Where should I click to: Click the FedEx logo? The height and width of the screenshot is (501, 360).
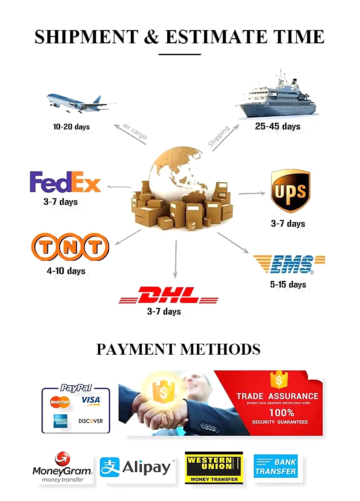(65, 181)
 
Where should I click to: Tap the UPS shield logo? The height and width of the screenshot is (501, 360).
(290, 191)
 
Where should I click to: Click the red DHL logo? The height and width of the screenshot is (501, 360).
(169, 295)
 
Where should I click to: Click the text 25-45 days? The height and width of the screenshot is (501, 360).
(278, 126)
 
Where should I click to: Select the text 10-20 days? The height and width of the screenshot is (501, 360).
(72, 127)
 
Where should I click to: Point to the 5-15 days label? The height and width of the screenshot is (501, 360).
(288, 285)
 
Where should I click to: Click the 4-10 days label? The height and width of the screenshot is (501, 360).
(66, 271)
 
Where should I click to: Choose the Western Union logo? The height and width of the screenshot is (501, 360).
(214, 467)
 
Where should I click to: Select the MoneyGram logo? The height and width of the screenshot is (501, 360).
(62, 468)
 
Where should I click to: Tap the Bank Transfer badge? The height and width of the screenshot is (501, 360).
(276, 466)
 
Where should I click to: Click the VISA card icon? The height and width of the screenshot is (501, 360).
(91, 401)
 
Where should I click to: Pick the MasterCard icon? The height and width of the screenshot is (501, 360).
(60, 402)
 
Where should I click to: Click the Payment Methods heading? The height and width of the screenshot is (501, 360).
(178, 349)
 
